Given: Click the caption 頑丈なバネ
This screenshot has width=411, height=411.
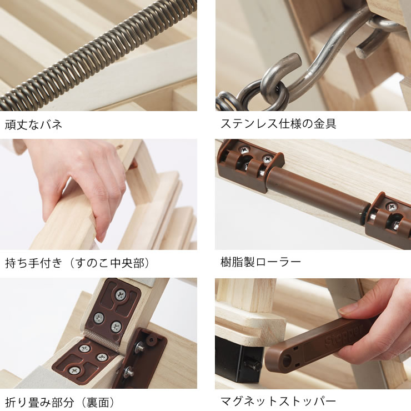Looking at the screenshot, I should [33, 124].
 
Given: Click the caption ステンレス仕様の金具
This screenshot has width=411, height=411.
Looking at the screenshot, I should [278, 124].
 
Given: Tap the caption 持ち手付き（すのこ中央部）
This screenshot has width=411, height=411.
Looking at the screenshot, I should [77, 262].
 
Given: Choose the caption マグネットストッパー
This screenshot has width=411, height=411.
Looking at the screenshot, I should [278, 401].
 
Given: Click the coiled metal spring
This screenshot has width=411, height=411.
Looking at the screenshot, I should [100, 53].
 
